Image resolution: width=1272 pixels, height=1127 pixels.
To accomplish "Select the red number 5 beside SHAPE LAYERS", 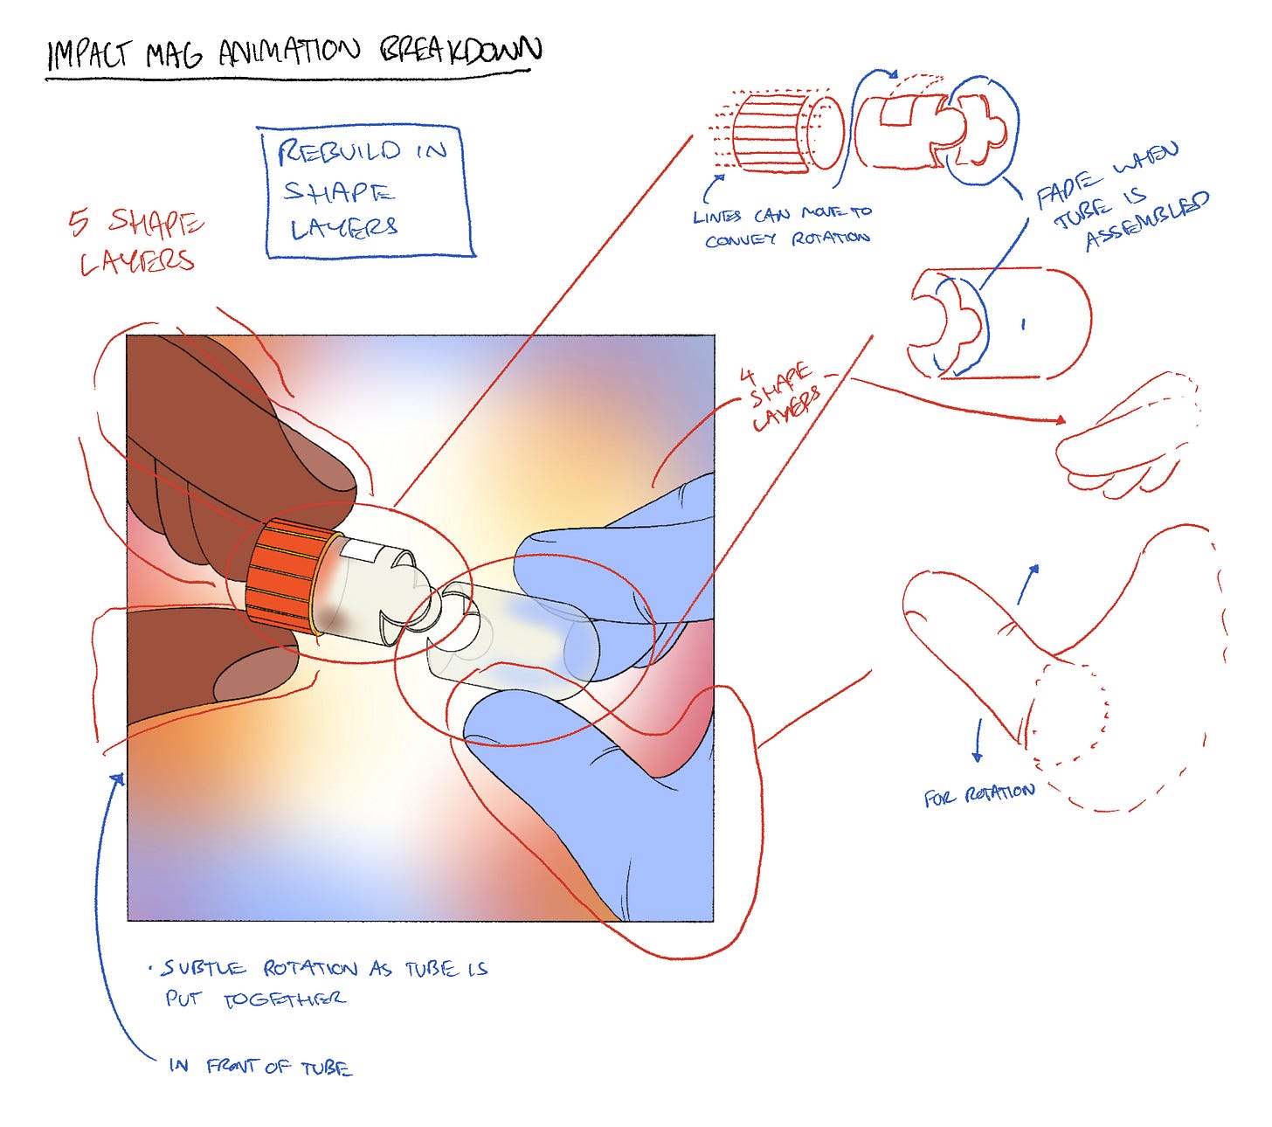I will [x=79, y=223].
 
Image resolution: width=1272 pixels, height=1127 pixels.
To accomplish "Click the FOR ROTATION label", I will [x=978, y=795].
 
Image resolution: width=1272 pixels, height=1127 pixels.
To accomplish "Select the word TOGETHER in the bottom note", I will [x=283, y=999].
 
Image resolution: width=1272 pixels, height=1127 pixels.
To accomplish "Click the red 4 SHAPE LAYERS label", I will [x=783, y=398].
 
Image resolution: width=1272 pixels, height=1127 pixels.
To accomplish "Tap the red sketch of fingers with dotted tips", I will [x=1127, y=437].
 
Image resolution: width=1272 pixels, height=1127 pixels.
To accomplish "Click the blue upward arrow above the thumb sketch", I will [x=1029, y=582].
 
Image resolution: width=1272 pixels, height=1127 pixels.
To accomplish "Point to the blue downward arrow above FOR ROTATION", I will [x=978, y=739].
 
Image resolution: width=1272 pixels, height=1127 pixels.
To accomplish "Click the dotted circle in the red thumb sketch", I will [x=1070, y=708].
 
